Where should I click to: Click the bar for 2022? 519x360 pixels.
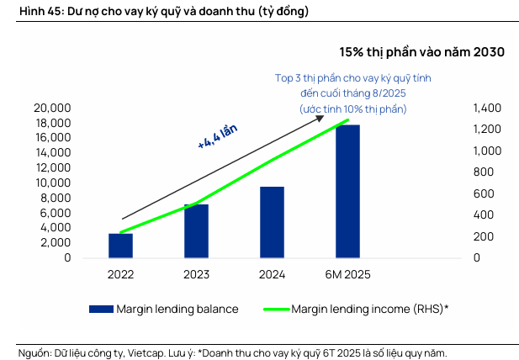coord(120,246)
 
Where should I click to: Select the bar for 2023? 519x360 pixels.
coord(196,231)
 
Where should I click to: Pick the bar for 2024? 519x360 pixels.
coord(272,222)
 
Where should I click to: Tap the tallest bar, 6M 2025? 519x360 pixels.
coord(347,192)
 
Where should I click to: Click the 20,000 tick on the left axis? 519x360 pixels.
coord(52,109)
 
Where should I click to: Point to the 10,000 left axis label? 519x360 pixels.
coord(52,183)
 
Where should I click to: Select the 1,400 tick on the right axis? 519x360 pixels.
coord(487,109)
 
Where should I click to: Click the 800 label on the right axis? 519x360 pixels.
coord(482,172)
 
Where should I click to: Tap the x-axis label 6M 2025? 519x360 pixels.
coord(347,274)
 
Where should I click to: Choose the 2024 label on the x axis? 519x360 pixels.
coord(272,274)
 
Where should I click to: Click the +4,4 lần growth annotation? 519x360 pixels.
coord(218,135)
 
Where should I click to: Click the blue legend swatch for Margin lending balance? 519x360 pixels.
coord(102,309)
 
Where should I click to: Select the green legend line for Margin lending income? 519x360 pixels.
coord(267,309)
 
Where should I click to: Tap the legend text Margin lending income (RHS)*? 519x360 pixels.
coord(369,309)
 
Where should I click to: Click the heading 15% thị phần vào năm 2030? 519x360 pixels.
coord(421,52)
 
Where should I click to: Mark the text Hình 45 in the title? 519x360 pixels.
coord(25,11)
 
